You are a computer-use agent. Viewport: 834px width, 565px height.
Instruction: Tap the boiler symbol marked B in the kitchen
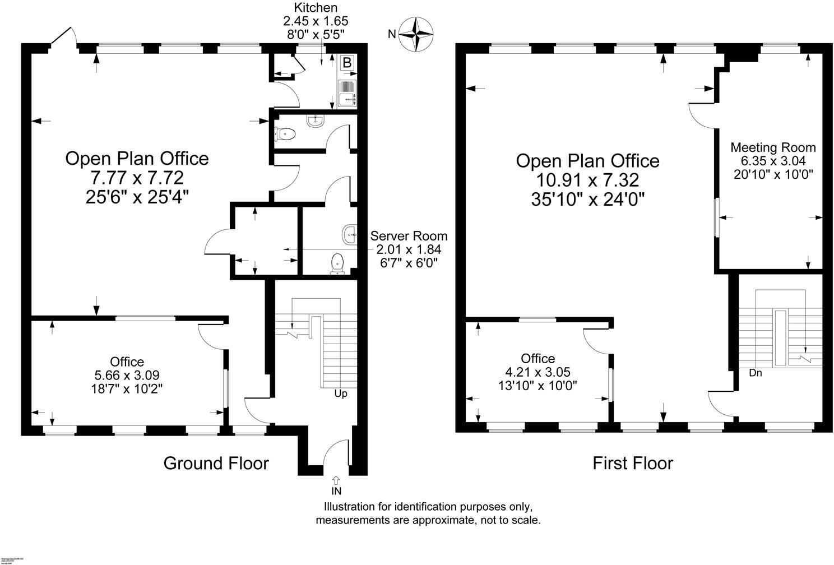click(x=347, y=63)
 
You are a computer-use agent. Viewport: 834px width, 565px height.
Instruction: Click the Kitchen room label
click(x=316, y=7)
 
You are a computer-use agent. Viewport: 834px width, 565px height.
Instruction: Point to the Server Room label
click(x=409, y=236)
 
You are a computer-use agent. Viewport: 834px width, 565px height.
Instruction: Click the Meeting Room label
click(x=773, y=147)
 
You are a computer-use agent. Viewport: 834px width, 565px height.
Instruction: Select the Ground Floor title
click(x=216, y=463)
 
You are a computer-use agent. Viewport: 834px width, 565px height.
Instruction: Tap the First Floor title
click(x=633, y=463)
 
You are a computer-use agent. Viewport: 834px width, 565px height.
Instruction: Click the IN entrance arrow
click(x=336, y=480)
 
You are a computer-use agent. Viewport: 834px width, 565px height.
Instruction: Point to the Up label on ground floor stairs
click(x=341, y=393)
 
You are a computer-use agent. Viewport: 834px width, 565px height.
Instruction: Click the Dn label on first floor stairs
click(x=755, y=373)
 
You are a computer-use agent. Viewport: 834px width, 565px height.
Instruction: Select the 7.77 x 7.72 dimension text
click(x=137, y=178)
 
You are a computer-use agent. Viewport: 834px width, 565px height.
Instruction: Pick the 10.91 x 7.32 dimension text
click(x=587, y=180)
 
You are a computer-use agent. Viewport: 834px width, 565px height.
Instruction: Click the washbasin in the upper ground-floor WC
click(x=315, y=120)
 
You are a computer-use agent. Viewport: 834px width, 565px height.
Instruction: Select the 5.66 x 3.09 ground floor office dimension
click(x=127, y=374)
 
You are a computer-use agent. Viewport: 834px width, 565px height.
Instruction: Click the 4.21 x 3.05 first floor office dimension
click(x=538, y=372)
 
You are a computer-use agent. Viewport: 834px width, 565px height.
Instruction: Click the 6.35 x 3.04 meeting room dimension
click(x=773, y=160)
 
